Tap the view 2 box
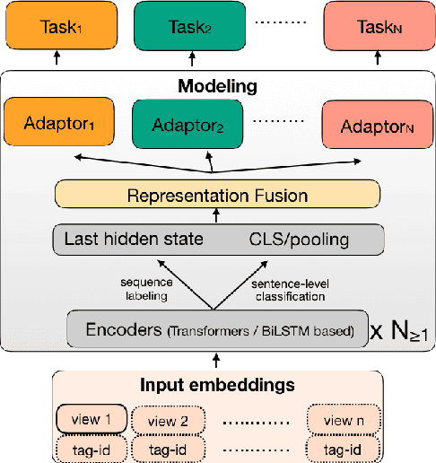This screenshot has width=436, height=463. click(167, 420)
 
